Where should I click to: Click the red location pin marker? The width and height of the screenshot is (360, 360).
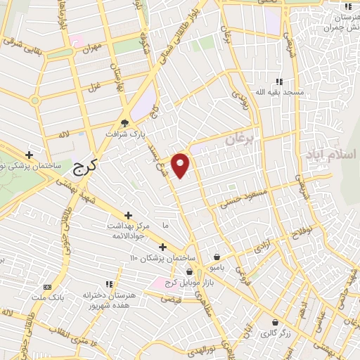pyautogui.click(x=181, y=165)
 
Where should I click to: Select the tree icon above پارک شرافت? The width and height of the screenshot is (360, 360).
pyautogui.click(x=124, y=122)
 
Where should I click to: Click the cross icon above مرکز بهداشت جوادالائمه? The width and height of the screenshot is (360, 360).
pyautogui.click(x=128, y=215)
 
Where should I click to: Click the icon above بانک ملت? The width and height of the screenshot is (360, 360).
pyautogui.click(x=47, y=287)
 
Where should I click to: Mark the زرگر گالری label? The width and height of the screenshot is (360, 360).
pyautogui.click(x=275, y=333)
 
